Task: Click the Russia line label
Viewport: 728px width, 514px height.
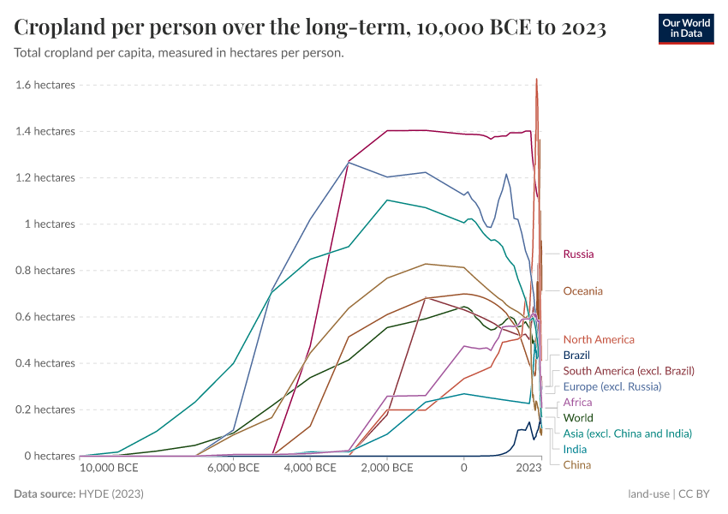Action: coord(578,254)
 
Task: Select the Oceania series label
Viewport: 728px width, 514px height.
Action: coord(582,291)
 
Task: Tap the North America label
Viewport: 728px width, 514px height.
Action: coord(599,340)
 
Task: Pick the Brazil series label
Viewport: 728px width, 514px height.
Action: coord(576,356)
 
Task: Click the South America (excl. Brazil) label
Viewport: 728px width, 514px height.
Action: coord(628,371)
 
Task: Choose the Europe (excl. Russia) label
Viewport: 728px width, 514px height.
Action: coord(612,387)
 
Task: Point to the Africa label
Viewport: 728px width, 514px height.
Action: coord(577,403)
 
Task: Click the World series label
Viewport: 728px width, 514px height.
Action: coord(578,418)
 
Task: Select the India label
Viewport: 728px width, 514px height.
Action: coord(575,450)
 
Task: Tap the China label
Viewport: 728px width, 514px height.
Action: coord(576,465)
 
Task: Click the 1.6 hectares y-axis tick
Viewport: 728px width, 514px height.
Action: coord(45,85)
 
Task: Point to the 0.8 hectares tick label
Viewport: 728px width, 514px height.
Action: coord(45,271)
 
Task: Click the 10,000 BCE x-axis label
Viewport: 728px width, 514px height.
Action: coord(109,469)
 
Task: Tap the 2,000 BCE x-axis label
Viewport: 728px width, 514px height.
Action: coord(386,469)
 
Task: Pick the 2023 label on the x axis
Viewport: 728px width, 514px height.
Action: coord(528,469)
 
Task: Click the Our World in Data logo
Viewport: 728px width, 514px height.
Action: coord(686,27)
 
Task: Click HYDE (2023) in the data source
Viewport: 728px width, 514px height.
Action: coord(111,494)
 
